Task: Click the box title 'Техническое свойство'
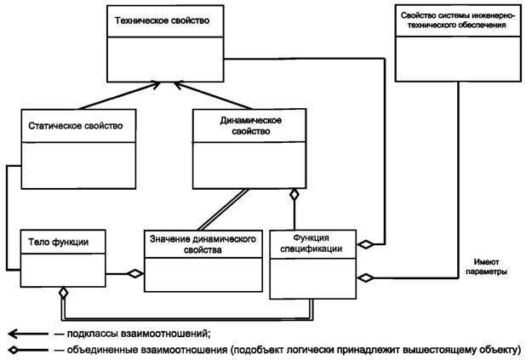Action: (x=158, y=19)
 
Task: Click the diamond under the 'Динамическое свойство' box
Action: (x=294, y=194)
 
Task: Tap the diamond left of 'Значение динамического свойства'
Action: (x=134, y=274)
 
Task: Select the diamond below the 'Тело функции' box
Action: (x=62, y=294)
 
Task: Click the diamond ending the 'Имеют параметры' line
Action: (x=365, y=277)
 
